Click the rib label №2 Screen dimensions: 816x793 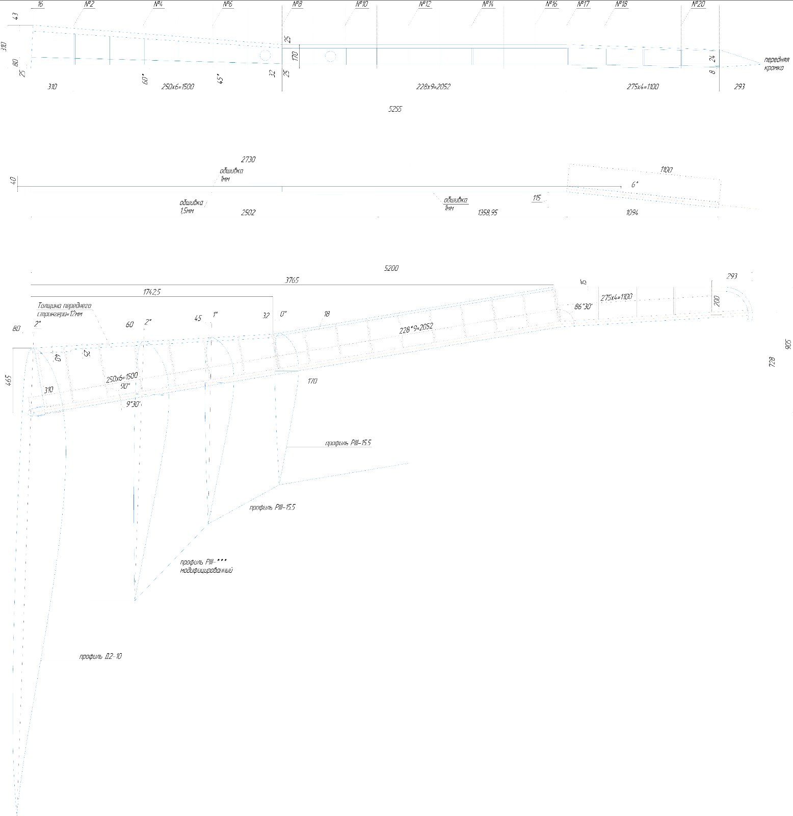pos(89,5)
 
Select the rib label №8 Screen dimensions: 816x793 pos(298,5)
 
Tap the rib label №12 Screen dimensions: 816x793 pos(425,5)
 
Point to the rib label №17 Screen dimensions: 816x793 pos(583,5)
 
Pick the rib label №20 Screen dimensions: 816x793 pos(698,5)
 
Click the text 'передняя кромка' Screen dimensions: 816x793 pos(776,64)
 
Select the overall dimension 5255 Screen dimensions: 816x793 pos(394,109)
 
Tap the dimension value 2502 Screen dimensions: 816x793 pos(248,212)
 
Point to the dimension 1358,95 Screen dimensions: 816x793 pos(487,212)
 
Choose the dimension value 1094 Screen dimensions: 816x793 pos(632,212)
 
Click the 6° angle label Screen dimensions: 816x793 pos(635,185)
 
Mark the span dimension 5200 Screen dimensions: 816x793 pos(391,268)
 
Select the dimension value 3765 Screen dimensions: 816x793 pos(292,280)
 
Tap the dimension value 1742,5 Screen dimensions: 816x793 pos(151,292)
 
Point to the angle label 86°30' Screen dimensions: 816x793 pos(583,307)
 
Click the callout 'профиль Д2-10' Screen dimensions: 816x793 pos(100,656)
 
